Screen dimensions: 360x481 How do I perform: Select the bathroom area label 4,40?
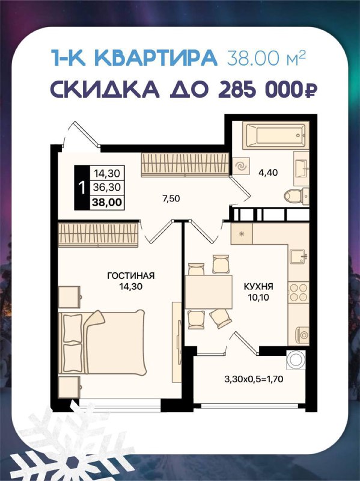(x=267, y=173)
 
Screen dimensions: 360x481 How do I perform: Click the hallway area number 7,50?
(x=171, y=199)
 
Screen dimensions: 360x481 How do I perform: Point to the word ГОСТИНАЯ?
(x=131, y=276)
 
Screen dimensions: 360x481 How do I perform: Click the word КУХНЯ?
(x=258, y=287)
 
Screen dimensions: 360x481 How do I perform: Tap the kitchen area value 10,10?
(x=259, y=297)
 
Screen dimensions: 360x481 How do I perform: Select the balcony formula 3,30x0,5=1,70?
(x=254, y=379)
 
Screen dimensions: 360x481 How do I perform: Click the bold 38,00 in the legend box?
(x=107, y=202)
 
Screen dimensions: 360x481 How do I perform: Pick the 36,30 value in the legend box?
(x=107, y=187)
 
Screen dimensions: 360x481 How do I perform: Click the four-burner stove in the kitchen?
(x=299, y=292)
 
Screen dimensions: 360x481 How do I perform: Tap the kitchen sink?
(x=298, y=256)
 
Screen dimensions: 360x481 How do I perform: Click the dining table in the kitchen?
(x=209, y=292)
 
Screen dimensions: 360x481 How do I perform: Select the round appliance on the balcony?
(x=296, y=359)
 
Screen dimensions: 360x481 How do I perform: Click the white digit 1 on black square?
(x=82, y=188)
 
